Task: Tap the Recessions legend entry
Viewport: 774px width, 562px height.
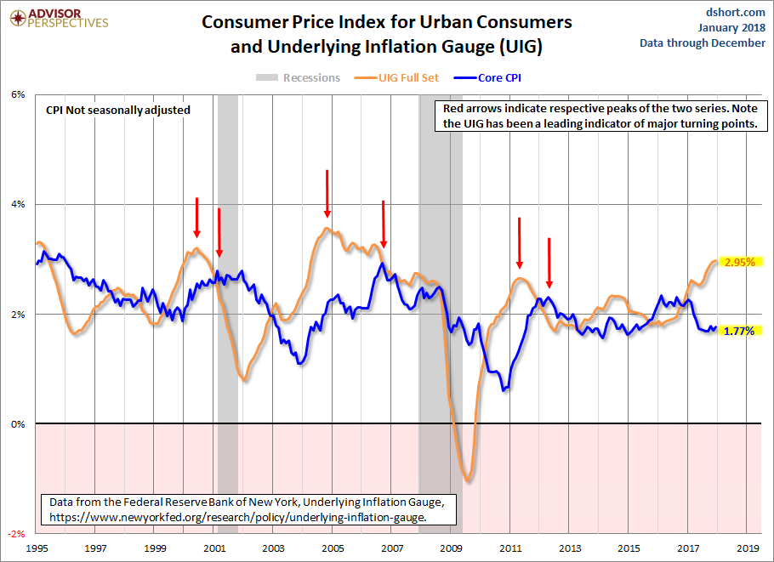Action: tap(299, 78)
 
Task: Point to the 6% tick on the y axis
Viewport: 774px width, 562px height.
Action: tap(18, 94)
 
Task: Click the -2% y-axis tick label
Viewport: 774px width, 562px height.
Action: tap(17, 534)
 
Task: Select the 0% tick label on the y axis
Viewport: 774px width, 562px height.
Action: tap(18, 424)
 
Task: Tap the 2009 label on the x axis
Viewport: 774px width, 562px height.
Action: tap(452, 549)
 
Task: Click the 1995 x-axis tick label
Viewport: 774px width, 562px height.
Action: tap(36, 549)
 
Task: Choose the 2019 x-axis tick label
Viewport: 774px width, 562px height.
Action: tap(748, 549)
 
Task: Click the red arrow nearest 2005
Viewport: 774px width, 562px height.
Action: tap(327, 194)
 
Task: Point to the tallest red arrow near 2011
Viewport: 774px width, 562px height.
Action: tap(520, 242)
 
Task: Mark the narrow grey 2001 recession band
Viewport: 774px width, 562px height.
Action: tap(227, 255)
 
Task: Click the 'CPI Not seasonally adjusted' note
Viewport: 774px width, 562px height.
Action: tap(117, 110)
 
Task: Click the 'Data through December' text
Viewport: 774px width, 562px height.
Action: tap(703, 43)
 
